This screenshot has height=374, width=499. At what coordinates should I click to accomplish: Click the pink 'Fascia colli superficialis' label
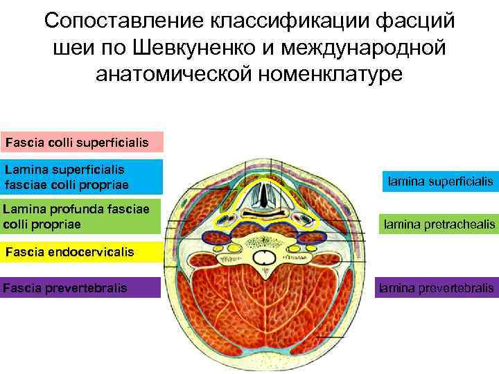[82, 142]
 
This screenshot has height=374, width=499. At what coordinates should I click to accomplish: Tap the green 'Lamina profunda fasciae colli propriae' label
[82, 215]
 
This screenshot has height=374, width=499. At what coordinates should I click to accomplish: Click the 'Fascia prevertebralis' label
[82, 287]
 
